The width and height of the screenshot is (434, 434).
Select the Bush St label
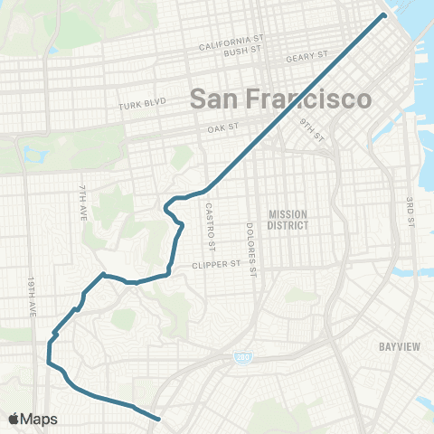pyautogui.click(x=241, y=54)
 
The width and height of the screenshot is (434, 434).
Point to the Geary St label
pyautogui.click(x=306, y=57)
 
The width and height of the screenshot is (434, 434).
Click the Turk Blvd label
pyautogui.click(x=143, y=105)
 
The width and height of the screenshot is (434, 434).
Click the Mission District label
pyautogui.click(x=288, y=220)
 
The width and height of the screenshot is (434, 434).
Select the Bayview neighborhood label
pyautogui.click(x=395, y=345)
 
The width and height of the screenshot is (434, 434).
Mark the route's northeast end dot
pyautogui.click(x=383, y=15)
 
